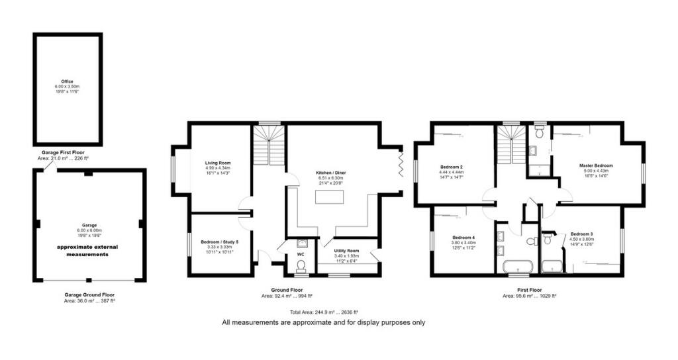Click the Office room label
coord(68,81)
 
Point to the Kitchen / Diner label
coord(330,173)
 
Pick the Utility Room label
coord(346,251)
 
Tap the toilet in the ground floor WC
coord(302,265)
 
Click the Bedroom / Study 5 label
coord(219,242)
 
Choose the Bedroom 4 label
coord(463,238)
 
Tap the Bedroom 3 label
coord(581,234)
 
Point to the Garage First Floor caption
coord(68,152)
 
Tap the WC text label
coord(301,254)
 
